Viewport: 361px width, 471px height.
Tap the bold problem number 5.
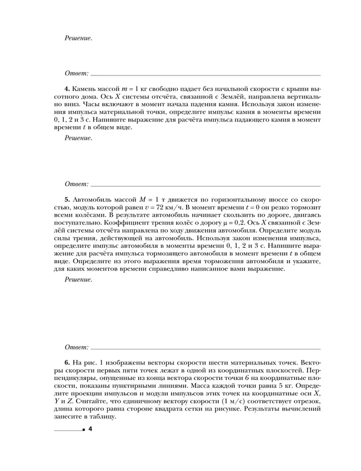pyautogui.click(x=67, y=198)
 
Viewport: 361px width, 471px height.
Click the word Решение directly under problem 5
pyautogui.click(x=78, y=279)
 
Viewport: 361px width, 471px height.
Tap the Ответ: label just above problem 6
pyautogui.click(x=77, y=347)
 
